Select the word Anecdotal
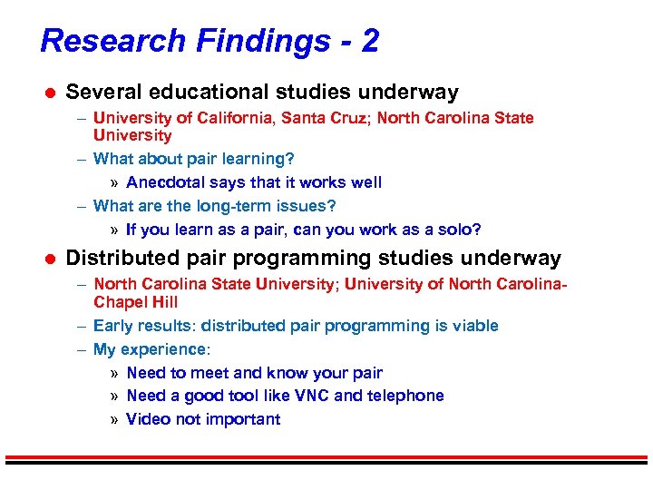(166, 182)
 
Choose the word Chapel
(119, 302)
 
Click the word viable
(474, 326)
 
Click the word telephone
(406, 396)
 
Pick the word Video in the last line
(147, 419)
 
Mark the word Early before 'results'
(112, 326)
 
